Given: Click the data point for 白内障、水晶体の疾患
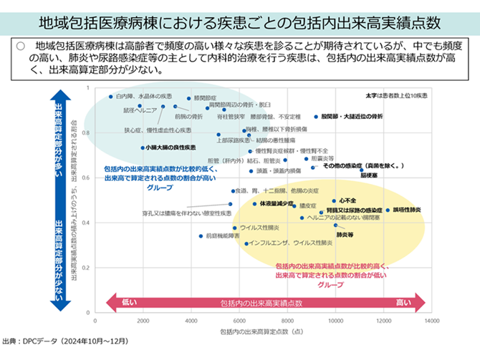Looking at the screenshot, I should [x=111, y=96].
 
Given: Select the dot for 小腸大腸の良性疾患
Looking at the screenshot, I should [x=143, y=147].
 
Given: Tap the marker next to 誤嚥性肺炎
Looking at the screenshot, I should [x=388, y=210].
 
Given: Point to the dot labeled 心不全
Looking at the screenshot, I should [x=334, y=201].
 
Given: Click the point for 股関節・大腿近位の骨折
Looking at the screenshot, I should [x=316, y=117].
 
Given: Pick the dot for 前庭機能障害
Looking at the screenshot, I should [x=201, y=235].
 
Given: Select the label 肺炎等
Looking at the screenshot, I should [x=345, y=234].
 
